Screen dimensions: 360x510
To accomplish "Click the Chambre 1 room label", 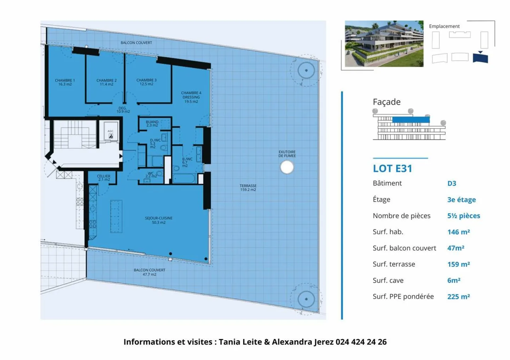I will pyautogui.click(x=65, y=82).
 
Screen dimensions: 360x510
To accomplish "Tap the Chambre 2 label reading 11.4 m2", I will pyautogui.click(x=106, y=82).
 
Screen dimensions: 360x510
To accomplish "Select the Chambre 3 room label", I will pyautogui.click(x=146, y=82).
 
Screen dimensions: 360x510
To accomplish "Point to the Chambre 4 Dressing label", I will pyautogui.click(x=191, y=97).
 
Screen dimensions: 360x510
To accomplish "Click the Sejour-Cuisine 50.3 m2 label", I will pyautogui.click(x=159, y=220).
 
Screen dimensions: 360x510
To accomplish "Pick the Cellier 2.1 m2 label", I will pyautogui.click(x=104, y=178).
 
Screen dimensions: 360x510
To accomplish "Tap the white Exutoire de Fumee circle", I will pyautogui.click(x=287, y=167).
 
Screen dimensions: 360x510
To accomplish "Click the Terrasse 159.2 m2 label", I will pyautogui.click(x=248, y=188).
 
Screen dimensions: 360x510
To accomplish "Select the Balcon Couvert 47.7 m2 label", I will pyautogui.click(x=149, y=272).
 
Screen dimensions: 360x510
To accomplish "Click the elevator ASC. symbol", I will pyautogui.click(x=110, y=134).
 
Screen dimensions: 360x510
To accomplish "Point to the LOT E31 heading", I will pyautogui.click(x=392, y=168).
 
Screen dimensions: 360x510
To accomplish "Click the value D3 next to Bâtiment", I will pyautogui.click(x=452, y=183).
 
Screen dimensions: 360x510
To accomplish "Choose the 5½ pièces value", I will pyautogui.click(x=464, y=216).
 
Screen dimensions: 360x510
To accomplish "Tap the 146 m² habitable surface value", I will pyautogui.click(x=458, y=232).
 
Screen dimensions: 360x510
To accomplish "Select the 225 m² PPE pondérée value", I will pyautogui.click(x=458, y=297).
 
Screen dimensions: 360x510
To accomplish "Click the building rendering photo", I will pyautogui.click(x=384, y=44).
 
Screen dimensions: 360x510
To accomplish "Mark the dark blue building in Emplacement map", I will pyautogui.click(x=480, y=58).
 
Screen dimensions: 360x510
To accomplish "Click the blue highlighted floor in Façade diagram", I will pyautogui.click(x=411, y=120).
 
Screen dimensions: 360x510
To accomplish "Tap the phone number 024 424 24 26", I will pyautogui.click(x=361, y=342).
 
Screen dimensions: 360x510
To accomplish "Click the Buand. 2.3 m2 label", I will pyautogui.click(x=152, y=123).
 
